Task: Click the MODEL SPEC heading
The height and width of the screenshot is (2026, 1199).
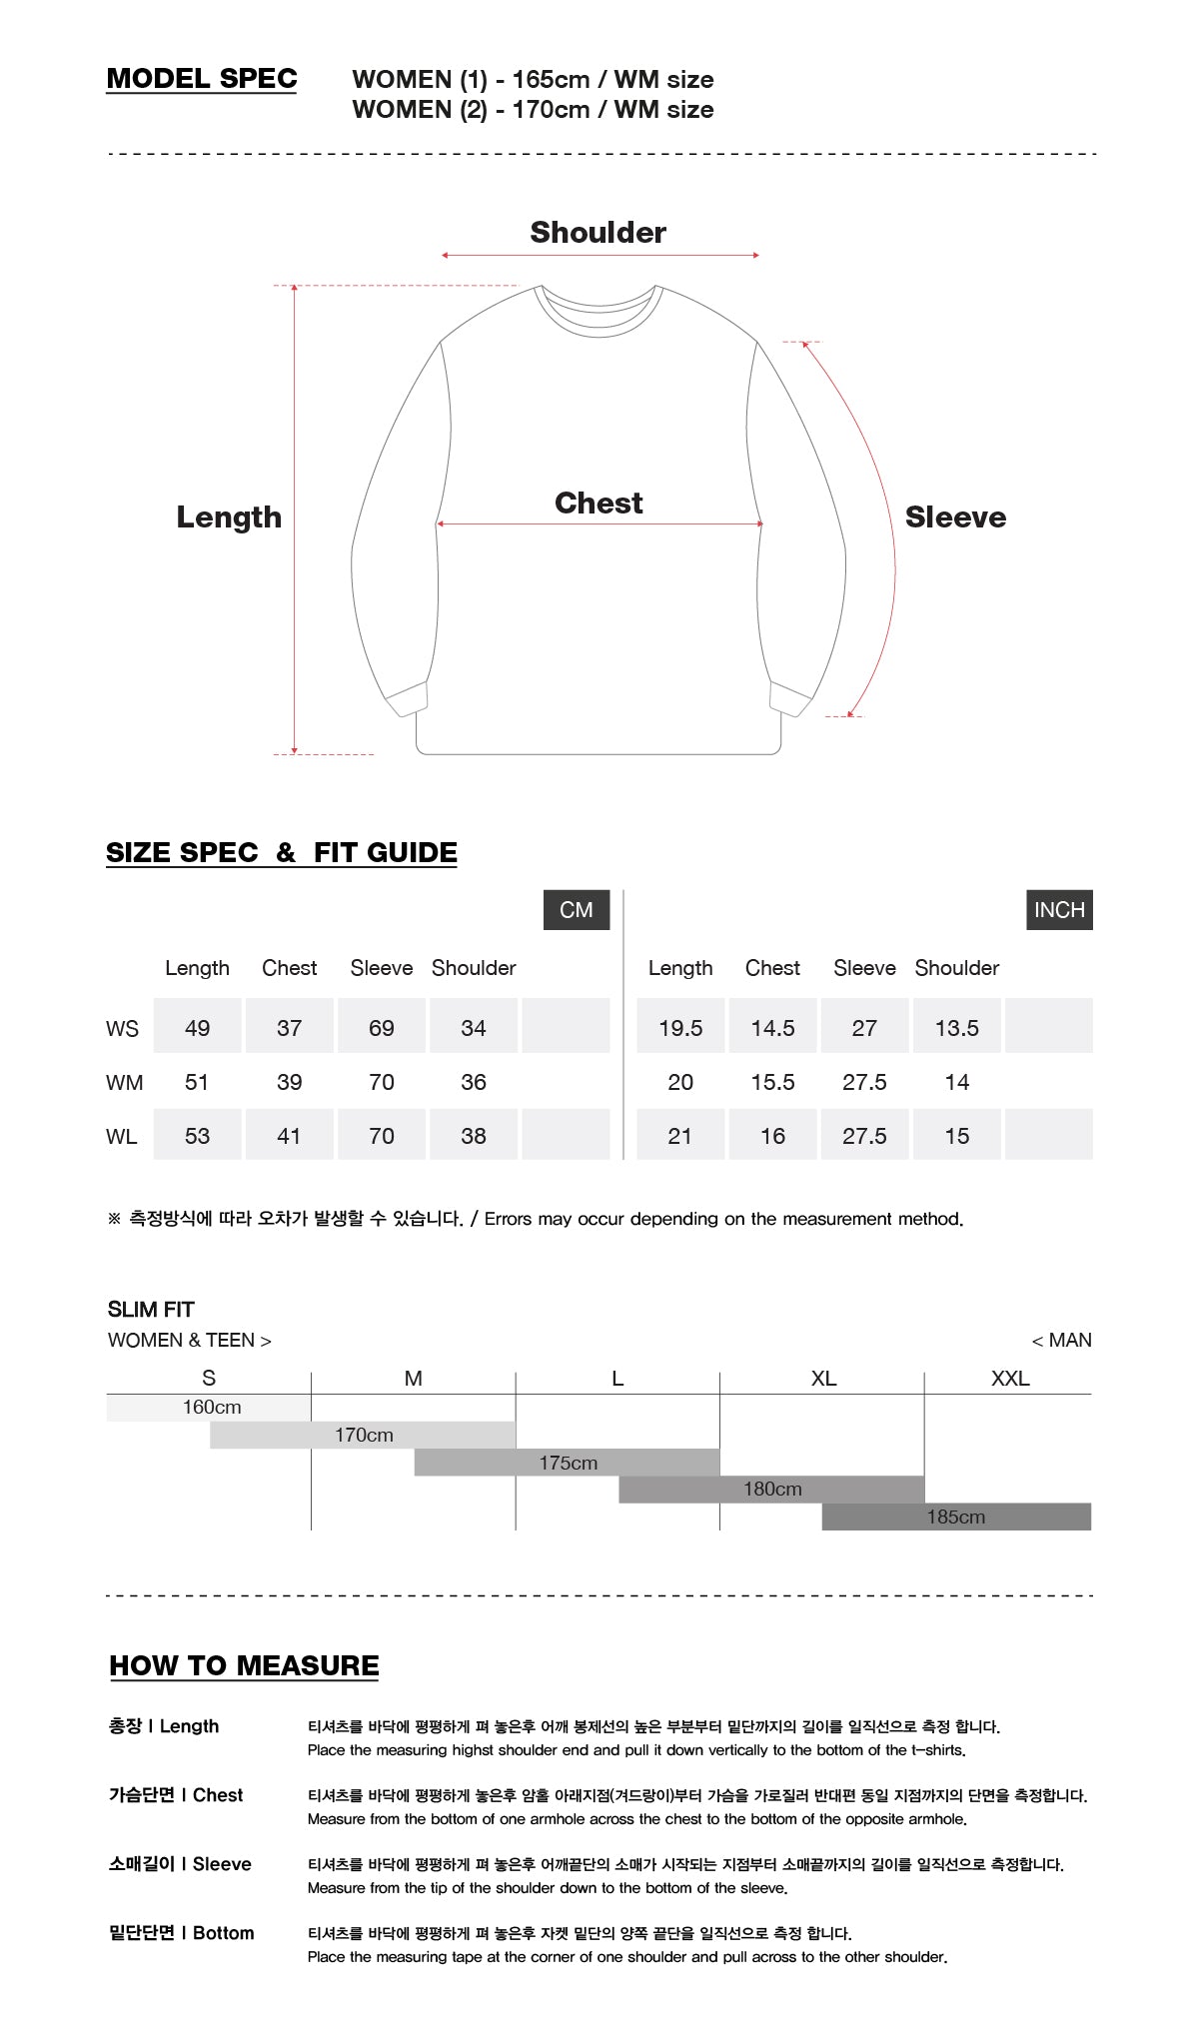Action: coord(202,79)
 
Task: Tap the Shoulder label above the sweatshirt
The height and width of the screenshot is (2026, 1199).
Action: coord(598,233)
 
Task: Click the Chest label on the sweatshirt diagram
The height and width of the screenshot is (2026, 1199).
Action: coord(599,503)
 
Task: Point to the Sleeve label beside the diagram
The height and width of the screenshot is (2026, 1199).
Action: coord(955,516)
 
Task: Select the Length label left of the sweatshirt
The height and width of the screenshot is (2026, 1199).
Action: coord(229,516)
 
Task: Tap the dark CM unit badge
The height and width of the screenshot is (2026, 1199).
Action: coord(577,910)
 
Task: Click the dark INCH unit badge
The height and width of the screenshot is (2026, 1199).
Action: coord(1059,910)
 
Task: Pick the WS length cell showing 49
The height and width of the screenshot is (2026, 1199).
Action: coord(197,1028)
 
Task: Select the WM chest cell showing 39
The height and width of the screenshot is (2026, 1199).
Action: coord(289,1082)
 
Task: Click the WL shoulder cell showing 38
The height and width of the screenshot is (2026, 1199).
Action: coord(474,1136)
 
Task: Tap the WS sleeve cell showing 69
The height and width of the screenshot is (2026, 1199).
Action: coord(382,1028)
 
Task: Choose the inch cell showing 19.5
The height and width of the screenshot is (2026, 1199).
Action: coord(680,1028)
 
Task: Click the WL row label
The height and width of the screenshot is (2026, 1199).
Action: coord(122,1136)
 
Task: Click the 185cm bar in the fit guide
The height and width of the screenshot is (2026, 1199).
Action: coord(956,1517)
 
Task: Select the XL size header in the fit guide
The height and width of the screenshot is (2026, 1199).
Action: coord(823,1379)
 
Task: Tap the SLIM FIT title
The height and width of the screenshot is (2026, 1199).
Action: coord(151,1310)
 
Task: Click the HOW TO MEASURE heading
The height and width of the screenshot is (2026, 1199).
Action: coord(245,1665)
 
